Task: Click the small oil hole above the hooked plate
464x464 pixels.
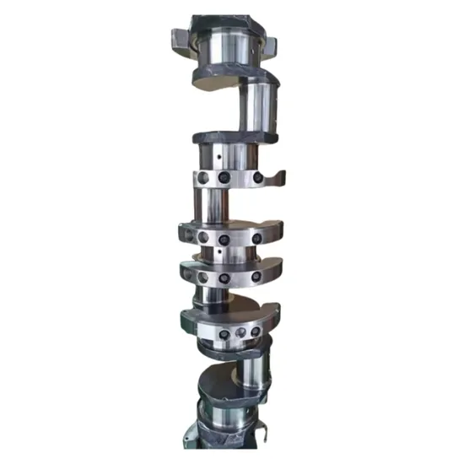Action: [x=219, y=156]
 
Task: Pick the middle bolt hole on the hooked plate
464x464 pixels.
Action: [x=224, y=178]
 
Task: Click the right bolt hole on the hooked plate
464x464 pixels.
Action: [x=252, y=178]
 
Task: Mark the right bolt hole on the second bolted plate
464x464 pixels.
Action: [x=256, y=239]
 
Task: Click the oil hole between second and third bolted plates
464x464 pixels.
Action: [x=218, y=251]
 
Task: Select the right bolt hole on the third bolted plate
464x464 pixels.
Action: [x=256, y=276]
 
